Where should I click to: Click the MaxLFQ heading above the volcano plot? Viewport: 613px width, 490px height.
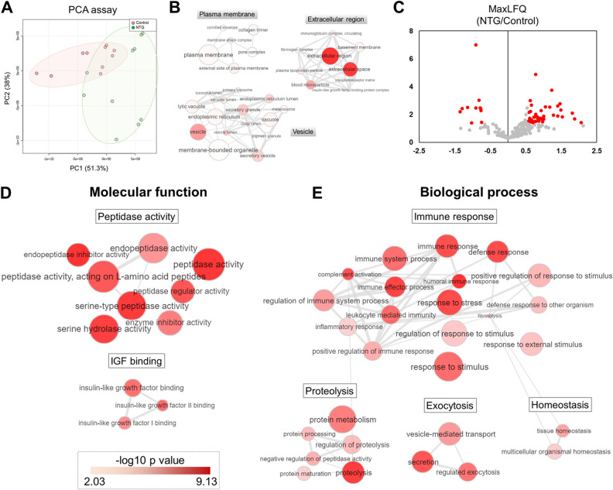coord(507,9)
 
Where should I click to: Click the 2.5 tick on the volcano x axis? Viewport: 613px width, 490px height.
coord(596,152)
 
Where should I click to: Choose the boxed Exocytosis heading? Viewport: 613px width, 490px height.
coord(449,405)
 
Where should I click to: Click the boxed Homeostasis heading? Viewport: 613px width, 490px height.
coord(560,405)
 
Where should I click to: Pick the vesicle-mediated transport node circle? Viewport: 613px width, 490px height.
coord(449,434)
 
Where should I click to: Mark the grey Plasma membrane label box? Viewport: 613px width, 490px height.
coord(227,15)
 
